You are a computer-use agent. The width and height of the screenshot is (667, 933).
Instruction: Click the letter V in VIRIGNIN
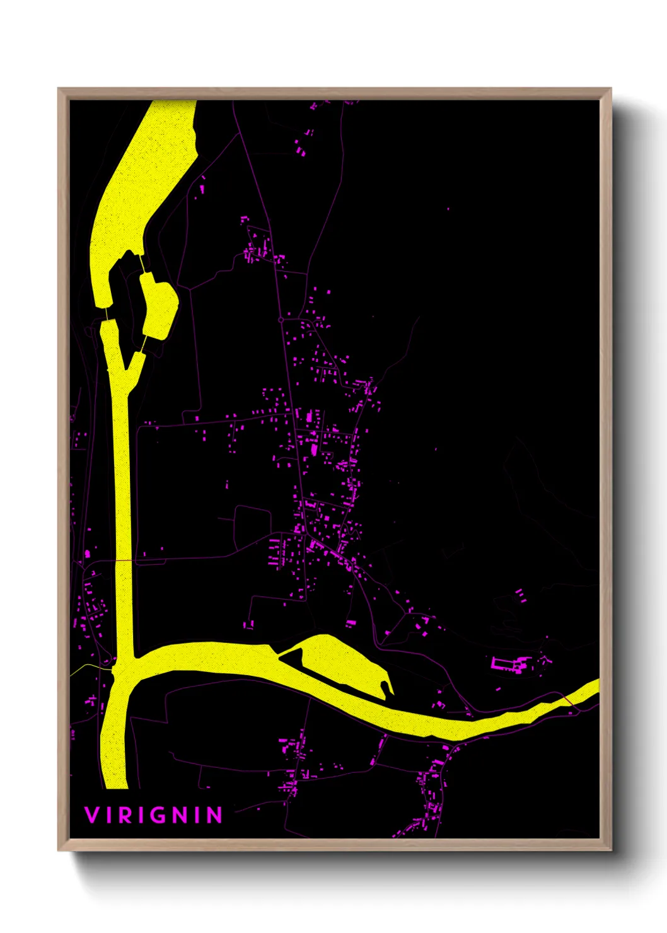[x=91, y=815]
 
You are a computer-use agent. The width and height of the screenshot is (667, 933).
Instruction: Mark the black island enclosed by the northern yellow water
[x=126, y=296]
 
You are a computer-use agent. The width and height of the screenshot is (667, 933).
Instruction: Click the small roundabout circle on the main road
[x=281, y=320]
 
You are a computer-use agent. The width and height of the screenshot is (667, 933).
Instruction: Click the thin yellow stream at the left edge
[x=85, y=666]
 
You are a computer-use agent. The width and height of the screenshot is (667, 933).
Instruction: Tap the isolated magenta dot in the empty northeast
[x=448, y=209]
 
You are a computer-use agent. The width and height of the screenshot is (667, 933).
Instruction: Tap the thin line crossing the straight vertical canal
[x=123, y=560]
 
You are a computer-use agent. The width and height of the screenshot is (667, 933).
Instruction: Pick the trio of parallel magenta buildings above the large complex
[x=520, y=595]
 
